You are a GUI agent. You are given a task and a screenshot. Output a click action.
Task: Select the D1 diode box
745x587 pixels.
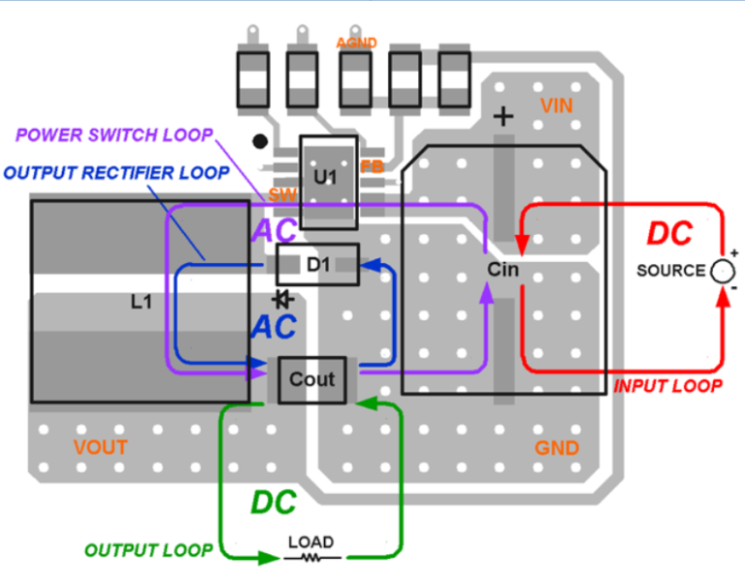coord(317,264)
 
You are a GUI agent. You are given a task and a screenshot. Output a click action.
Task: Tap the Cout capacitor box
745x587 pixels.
coord(311,379)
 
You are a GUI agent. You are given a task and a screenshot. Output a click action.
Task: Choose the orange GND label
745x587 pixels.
coord(557,448)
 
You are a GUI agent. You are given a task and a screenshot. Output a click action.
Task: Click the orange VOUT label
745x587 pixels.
coord(101,448)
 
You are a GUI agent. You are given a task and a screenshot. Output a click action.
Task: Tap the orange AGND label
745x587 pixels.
coord(356,43)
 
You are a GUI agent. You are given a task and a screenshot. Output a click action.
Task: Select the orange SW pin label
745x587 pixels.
coord(282,196)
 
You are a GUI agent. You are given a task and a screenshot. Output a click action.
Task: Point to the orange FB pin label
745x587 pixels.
coord(372,167)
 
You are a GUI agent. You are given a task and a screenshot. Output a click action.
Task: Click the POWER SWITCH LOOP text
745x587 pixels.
coord(114,135)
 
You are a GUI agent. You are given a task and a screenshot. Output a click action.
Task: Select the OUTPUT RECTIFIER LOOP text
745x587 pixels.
coord(116,174)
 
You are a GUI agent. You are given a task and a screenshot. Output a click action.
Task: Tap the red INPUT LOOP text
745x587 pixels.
coord(668,386)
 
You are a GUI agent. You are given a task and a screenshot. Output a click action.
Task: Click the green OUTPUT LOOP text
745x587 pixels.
coord(148,550)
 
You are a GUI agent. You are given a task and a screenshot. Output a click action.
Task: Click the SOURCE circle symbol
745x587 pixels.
coord(722,271)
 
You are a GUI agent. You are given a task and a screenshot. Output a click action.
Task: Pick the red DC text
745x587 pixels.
coord(670,234)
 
